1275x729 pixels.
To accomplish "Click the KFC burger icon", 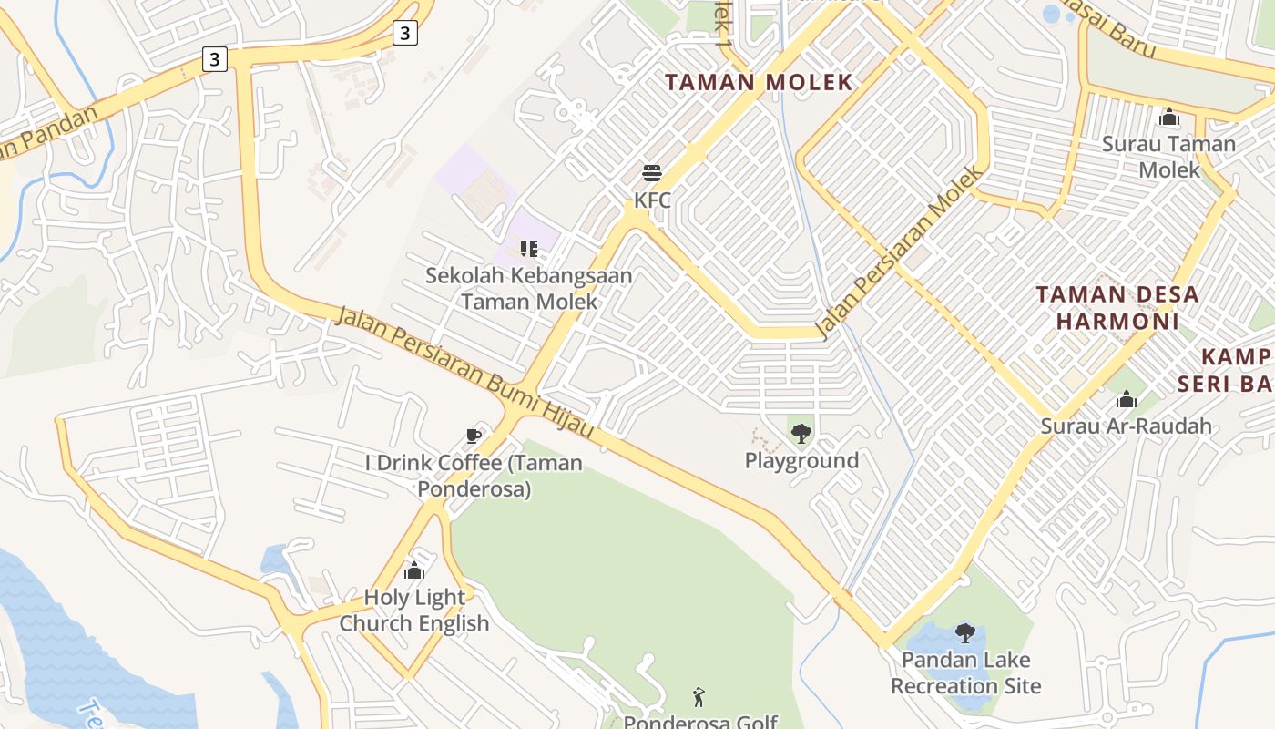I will pos(651,172).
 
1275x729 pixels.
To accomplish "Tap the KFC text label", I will pos(652,200).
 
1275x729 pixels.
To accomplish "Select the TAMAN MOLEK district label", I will pos(759,82).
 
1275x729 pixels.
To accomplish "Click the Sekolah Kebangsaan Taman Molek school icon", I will pos(528,247).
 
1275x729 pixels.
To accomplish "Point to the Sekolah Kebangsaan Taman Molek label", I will pos(529,288).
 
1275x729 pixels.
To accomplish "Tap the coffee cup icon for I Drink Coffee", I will pos(473,436).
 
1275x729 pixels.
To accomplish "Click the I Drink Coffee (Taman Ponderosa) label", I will pos(474,476).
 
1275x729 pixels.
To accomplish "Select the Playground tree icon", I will pos(801,433).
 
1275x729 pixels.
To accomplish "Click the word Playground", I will pos(801,461).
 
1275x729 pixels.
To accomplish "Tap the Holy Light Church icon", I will pos(414,571).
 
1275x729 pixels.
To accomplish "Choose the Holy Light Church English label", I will pos(414,611).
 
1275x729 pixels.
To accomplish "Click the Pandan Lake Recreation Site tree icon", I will pos(965,632).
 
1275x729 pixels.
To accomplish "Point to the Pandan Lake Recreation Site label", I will pos(965,673).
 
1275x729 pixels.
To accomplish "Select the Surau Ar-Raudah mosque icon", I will pos(1127,399).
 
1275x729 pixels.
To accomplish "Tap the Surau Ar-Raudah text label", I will pos(1127,426).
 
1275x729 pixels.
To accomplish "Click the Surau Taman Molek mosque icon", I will pos(1168,117).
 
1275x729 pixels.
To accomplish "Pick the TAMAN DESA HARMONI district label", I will pos(1117,307).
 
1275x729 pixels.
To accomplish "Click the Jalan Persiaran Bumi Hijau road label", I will pos(464,374).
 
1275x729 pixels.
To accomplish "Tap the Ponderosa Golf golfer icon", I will pos(699,697).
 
